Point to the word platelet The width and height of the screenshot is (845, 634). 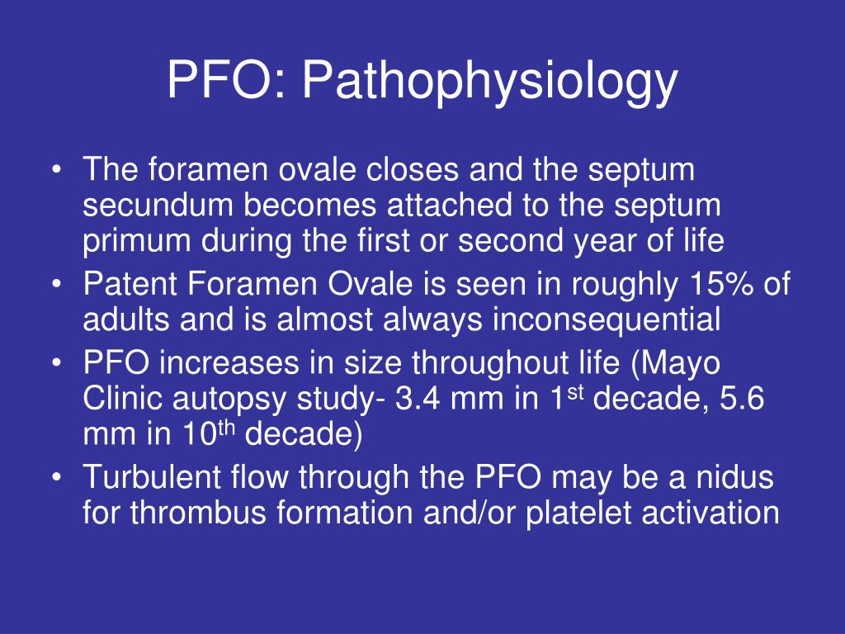[x=574, y=513]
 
